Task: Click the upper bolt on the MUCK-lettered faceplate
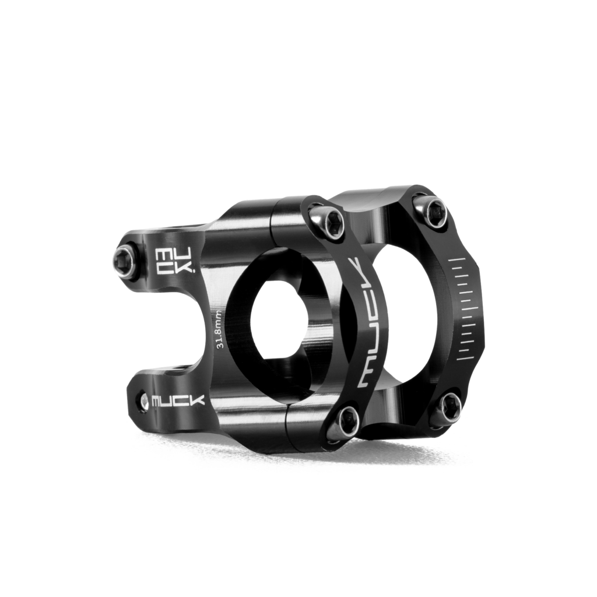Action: pyautogui.click(x=328, y=222)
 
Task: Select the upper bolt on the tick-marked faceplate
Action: pyautogui.click(x=434, y=210)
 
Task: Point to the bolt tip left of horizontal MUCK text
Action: pyautogui.click(x=145, y=401)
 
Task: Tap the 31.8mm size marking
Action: pyautogui.click(x=219, y=329)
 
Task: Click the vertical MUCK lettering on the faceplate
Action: pyautogui.click(x=366, y=323)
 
